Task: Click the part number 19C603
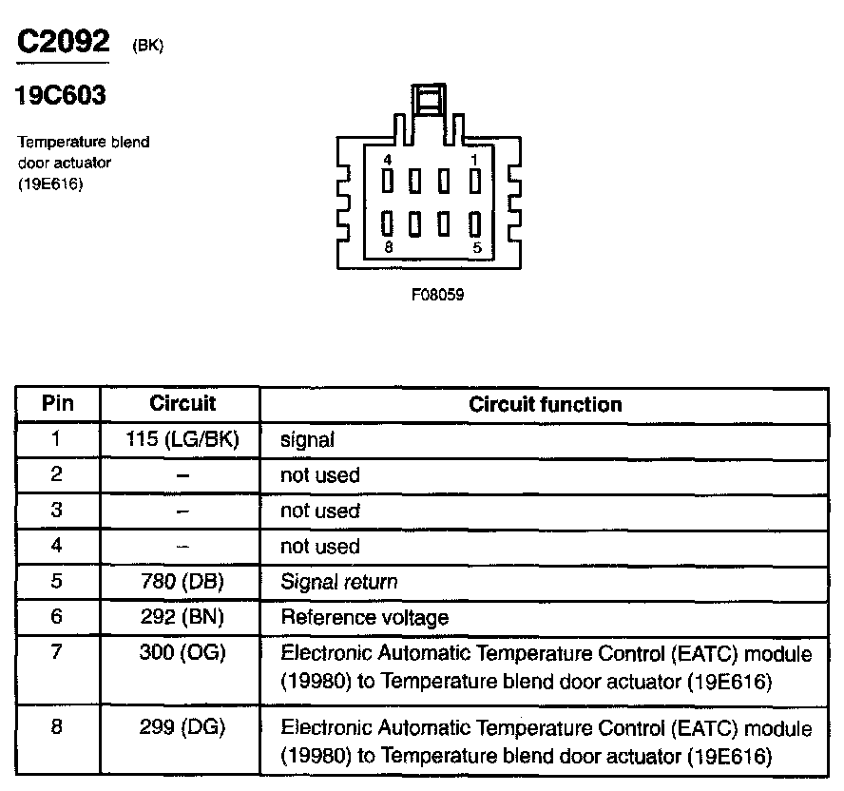tap(61, 96)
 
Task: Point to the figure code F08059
tap(437, 295)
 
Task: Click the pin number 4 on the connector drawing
tap(388, 159)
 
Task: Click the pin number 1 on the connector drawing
tap(475, 159)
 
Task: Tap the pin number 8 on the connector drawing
tap(388, 246)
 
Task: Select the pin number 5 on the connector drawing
tap(475, 246)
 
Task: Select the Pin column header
tap(57, 403)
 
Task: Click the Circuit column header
tap(182, 403)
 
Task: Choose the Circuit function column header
tap(546, 404)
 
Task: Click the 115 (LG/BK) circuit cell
tap(182, 439)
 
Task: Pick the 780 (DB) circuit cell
tap(182, 582)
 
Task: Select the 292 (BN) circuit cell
tap(182, 617)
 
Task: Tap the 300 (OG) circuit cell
tap(182, 654)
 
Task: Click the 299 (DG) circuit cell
tap(182, 728)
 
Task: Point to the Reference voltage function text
tap(364, 618)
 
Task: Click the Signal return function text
tap(339, 582)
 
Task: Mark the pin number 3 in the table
tap(57, 511)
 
